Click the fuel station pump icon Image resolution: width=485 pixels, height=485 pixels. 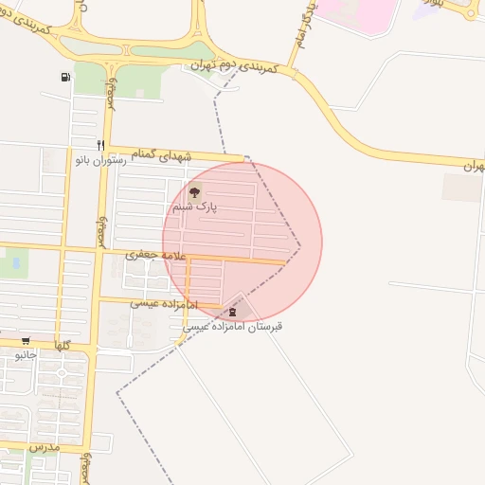click(x=64, y=77)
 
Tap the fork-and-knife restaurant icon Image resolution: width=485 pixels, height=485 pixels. click(x=100, y=145)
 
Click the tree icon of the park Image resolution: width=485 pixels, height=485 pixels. click(x=194, y=192)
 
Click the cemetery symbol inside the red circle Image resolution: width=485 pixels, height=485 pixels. click(x=233, y=310)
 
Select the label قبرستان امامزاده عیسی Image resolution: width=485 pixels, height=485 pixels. click(x=232, y=326)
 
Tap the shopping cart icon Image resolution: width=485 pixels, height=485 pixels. click(x=26, y=341)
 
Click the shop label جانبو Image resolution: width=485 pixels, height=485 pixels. click(x=26, y=355)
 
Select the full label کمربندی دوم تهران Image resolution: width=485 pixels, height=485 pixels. click(x=230, y=65)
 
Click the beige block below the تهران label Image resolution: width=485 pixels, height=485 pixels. click(x=461, y=188)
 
